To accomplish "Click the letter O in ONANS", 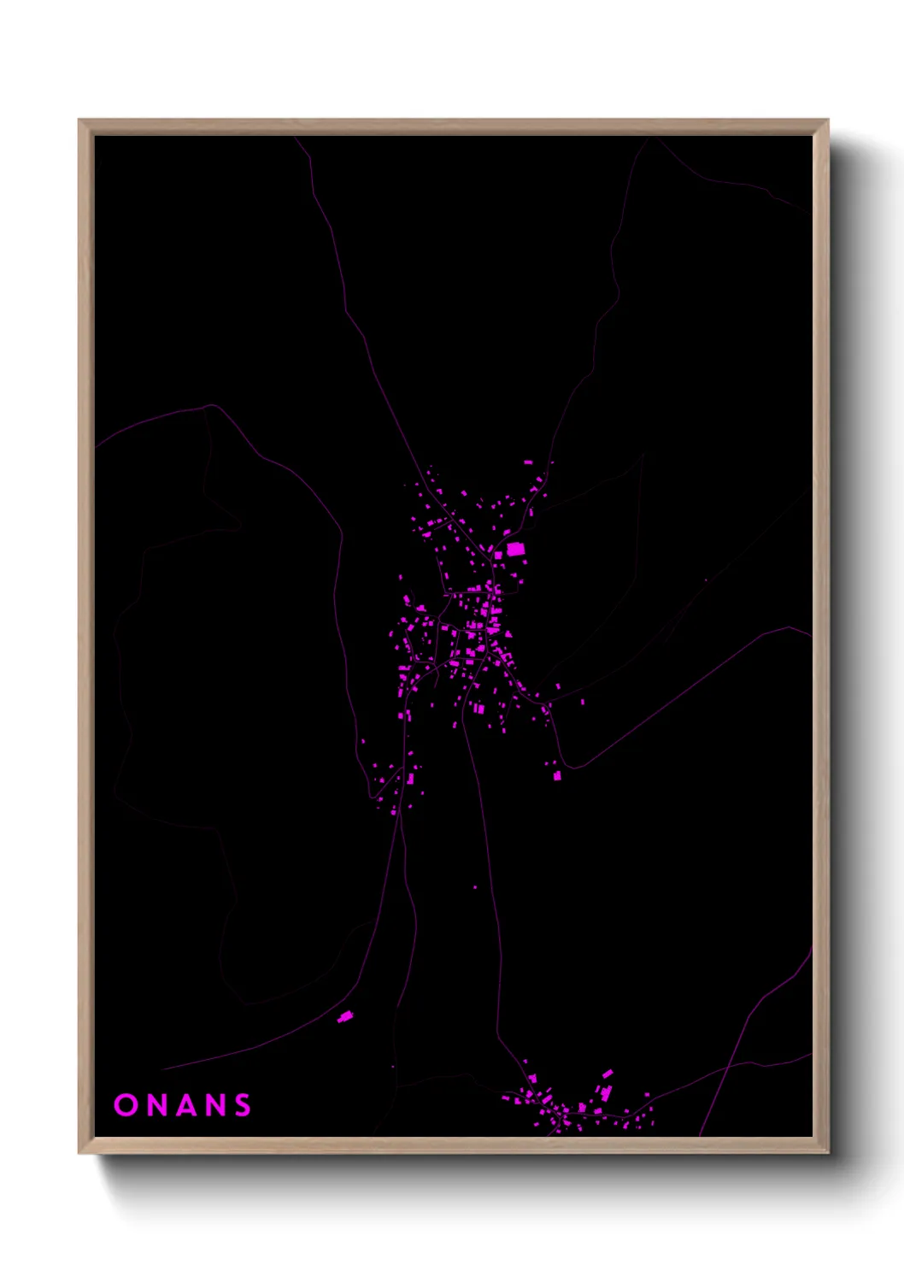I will (x=126, y=1105).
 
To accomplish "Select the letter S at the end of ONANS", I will (x=244, y=1105).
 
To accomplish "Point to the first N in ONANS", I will (x=155, y=1105).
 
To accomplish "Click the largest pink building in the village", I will (x=515, y=549).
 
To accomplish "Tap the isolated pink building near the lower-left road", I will (x=344, y=1016).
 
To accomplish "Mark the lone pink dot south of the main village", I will (x=475, y=887).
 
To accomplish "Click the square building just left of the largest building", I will (x=498, y=555).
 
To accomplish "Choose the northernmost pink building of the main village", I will (x=528, y=462).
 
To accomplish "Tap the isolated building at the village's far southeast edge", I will (x=557, y=775).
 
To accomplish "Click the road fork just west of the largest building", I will (x=492, y=560).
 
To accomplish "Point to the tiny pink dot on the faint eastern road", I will (x=706, y=580).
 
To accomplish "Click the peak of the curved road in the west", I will (x=211, y=406).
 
